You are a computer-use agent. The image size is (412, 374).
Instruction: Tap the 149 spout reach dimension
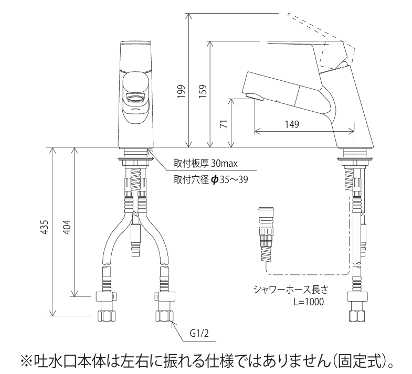292,124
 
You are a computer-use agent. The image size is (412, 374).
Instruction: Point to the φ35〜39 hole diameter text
229,179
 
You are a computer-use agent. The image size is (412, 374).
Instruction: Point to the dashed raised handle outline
320,31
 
